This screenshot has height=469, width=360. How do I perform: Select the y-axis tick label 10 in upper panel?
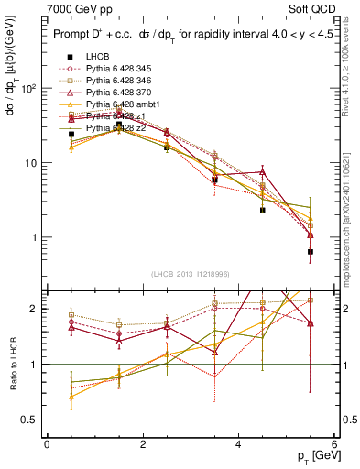coord(31,163)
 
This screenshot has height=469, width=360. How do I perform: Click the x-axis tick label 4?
coord(239,443)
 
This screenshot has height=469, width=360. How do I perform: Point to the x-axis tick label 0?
coord(47,443)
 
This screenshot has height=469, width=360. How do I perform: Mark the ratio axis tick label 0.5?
coord(29,420)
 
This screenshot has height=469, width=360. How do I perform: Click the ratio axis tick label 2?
coord(35,309)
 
